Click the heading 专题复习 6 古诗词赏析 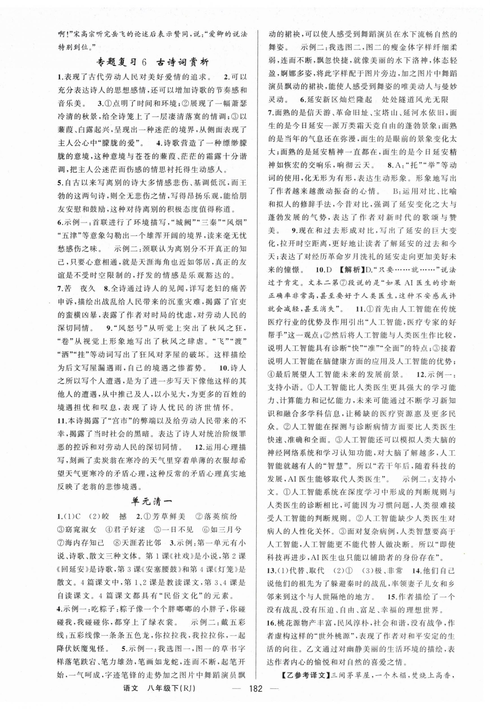tap(153, 63)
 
